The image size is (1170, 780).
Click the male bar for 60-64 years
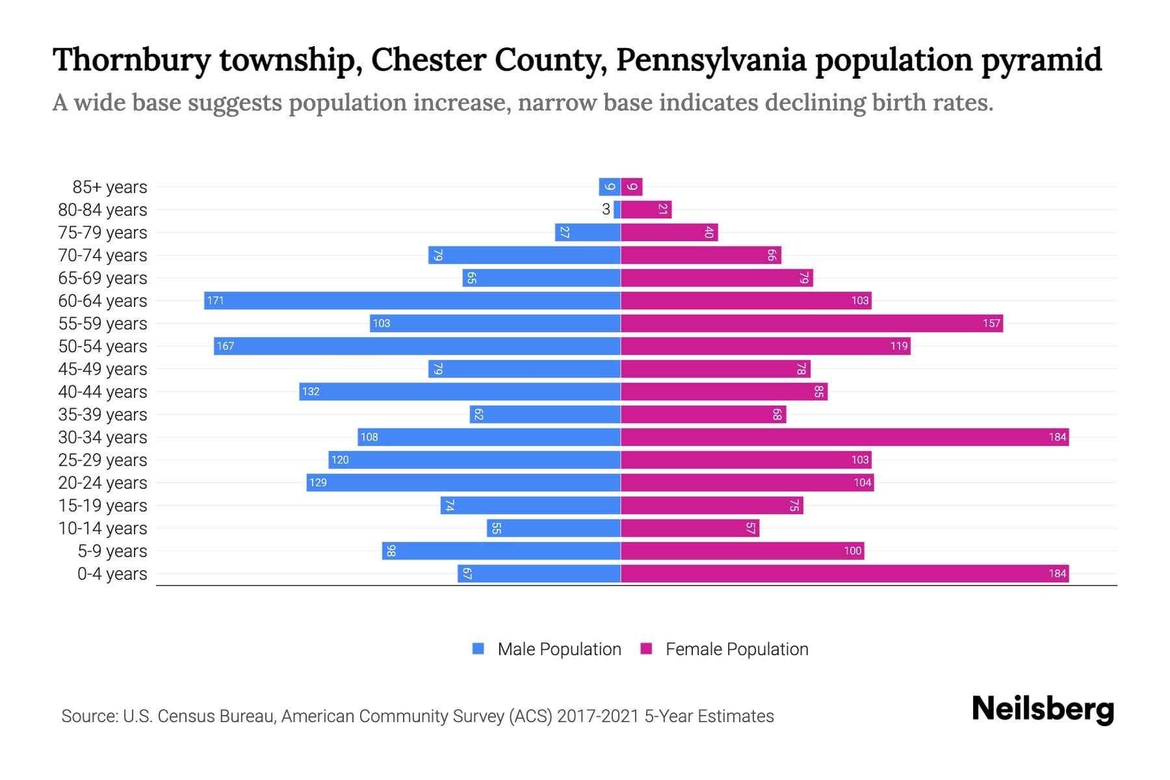(x=412, y=300)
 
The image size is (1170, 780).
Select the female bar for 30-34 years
(x=844, y=437)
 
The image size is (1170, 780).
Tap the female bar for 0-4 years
(x=844, y=573)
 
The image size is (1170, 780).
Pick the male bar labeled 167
(x=417, y=346)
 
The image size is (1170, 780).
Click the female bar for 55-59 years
(x=812, y=323)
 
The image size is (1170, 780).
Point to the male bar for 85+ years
(x=610, y=187)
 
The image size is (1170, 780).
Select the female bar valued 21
(x=646, y=209)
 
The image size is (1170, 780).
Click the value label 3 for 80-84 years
(x=606, y=209)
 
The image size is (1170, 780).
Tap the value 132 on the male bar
(x=311, y=391)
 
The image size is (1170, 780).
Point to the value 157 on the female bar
(x=991, y=323)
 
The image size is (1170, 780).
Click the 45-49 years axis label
(x=103, y=369)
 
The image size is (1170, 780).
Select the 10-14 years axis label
(x=103, y=528)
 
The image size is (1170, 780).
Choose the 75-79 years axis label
(x=103, y=232)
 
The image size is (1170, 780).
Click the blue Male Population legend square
(x=478, y=649)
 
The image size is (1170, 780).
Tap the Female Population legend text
(x=736, y=649)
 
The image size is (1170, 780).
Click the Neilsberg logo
(x=1043, y=709)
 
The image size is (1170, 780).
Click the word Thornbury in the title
(x=132, y=60)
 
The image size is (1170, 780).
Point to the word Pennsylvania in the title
(x=711, y=60)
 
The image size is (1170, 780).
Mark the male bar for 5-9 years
(x=501, y=551)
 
